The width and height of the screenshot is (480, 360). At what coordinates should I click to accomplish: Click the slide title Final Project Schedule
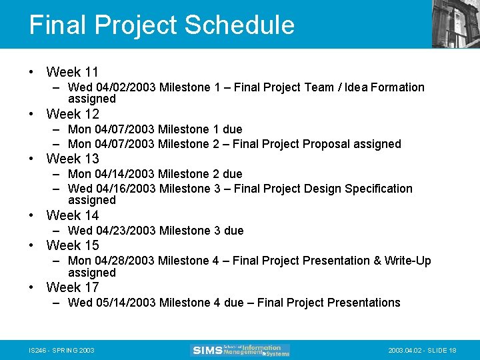161,25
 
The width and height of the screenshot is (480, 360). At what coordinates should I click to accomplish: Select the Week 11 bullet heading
72,72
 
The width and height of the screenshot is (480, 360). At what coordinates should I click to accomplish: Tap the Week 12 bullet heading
72,114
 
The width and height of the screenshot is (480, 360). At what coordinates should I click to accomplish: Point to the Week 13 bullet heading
72,159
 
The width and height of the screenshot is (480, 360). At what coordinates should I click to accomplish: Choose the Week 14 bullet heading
72,215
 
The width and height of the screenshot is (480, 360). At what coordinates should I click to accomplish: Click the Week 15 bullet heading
72,245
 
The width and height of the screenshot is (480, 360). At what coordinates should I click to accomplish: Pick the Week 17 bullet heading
72,287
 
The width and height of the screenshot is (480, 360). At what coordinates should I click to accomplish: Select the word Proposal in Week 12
325,144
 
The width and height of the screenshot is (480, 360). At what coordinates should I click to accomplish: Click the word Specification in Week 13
379,189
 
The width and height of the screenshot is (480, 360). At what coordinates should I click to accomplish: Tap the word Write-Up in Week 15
407,261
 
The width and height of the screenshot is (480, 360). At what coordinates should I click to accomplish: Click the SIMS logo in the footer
240,350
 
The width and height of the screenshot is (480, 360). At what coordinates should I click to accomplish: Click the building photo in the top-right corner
455,23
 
